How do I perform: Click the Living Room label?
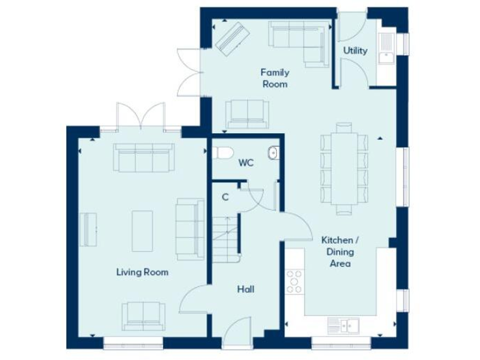tap(142, 272)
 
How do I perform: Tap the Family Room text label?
tap(275, 78)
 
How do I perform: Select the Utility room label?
tap(355, 51)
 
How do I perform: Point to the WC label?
tap(246, 163)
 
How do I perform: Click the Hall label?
tap(245, 289)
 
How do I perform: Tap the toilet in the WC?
tap(222, 152)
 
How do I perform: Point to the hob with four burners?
tap(294, 281)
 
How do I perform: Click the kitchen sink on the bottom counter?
tap(342, 324)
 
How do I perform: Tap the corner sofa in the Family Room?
tap(300, 39)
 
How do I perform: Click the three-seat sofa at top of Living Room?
tap(143, 157)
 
